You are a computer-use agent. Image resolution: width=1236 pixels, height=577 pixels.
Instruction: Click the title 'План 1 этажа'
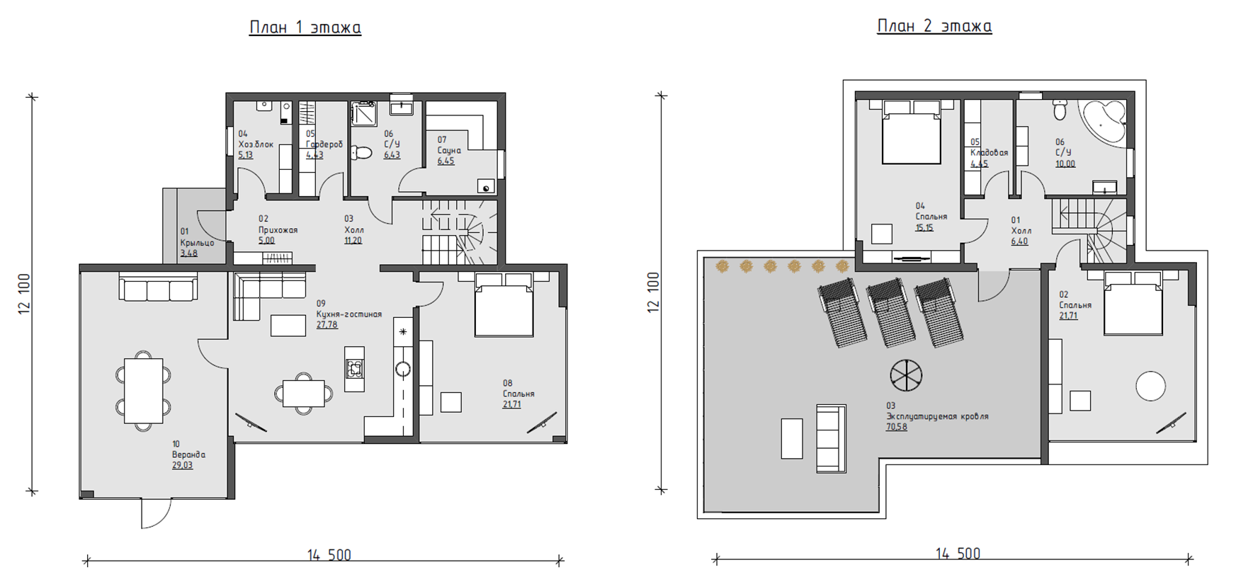click(x=305, y=28)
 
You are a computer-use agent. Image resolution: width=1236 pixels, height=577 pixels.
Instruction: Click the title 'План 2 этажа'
click(x=934, y=26)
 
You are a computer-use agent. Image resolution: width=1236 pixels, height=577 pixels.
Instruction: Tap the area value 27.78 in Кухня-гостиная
click(x=327, y=326)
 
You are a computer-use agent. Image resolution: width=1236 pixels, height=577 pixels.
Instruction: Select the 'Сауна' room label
click(x=449, y=151)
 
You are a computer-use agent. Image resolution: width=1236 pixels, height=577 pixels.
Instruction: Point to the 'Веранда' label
click(x=188, y=455)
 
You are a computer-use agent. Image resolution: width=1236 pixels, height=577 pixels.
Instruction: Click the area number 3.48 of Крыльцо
click(x=188, y=253)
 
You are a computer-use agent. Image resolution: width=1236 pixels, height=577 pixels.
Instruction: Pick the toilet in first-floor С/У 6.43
click(x=362, y=152)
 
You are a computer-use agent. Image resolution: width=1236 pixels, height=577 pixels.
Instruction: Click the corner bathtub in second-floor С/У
click(x=1104, y=122)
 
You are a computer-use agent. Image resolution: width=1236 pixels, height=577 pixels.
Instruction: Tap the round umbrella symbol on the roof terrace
click(x=907, y=375)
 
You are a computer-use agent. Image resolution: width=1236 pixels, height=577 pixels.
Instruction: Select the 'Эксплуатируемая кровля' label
click(x=937, y=416)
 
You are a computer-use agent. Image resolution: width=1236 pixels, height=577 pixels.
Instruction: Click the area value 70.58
click(x=896, y=427)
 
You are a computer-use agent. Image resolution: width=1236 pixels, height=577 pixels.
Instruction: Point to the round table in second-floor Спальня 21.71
click(x=1150, y=387)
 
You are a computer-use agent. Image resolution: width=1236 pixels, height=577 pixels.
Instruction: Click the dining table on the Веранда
click(x=144, y=391)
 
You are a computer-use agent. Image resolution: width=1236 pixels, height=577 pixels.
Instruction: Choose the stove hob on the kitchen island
click(x=354, y=368)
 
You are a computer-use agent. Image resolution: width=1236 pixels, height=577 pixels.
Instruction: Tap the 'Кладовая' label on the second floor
click(x=989, y=153)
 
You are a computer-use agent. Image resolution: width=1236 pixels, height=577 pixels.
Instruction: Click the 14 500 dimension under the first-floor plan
click(x=329, y=555)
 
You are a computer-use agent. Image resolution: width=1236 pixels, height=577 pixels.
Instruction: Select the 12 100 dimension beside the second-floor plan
click(x=653, y=292)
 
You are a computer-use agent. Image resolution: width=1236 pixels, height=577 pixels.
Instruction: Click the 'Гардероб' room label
click(x=324, y=144)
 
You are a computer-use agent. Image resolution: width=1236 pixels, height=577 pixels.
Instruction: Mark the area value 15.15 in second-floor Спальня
click(x=924, y=228)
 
